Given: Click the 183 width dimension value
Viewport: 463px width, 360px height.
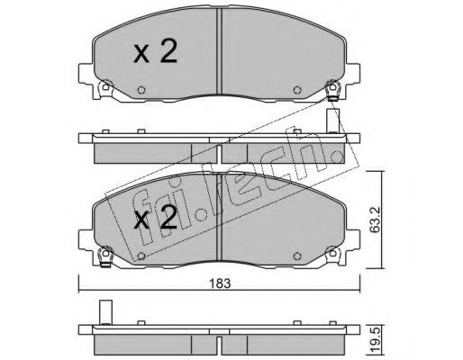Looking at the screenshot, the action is [x=220, y=283].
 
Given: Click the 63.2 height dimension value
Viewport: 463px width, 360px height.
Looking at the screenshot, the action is [x=375, y=220].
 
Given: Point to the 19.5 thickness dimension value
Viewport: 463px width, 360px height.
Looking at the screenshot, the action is [x=375, y=341].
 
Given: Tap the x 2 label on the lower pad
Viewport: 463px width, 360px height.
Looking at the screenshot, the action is [x=155, y=219].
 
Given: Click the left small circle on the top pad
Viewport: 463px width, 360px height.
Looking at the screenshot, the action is [x=141, y=90].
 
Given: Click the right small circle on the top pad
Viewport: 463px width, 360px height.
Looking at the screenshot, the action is [x=297, y=90].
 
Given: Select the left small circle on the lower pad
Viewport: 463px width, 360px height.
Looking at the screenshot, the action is [x=141, y=256].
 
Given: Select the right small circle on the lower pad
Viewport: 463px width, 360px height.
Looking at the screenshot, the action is [x=297, y=256].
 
